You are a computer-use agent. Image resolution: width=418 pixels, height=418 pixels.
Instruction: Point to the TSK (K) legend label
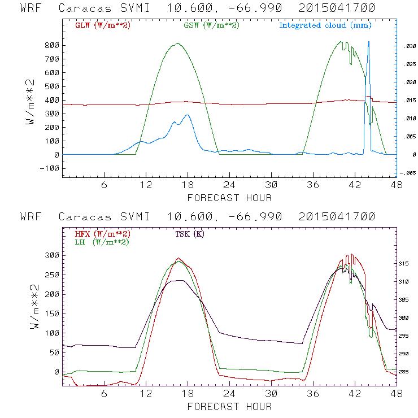click(x=190, y=234)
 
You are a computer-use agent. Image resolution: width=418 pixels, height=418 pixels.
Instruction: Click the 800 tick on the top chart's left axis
click(x=52, y=45)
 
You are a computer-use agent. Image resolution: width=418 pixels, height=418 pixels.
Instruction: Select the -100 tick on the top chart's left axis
click(x=50, y=168)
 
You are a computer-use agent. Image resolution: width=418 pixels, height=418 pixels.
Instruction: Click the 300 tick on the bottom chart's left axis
click(x=52, y=255)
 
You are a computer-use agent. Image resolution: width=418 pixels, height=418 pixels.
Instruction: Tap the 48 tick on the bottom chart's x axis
click(x=397, y=394)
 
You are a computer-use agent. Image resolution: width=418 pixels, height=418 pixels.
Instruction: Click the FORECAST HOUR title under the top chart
click(x=229, y=198)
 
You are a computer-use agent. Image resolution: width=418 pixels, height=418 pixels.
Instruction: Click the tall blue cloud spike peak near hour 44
click(x=369, y=42)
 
